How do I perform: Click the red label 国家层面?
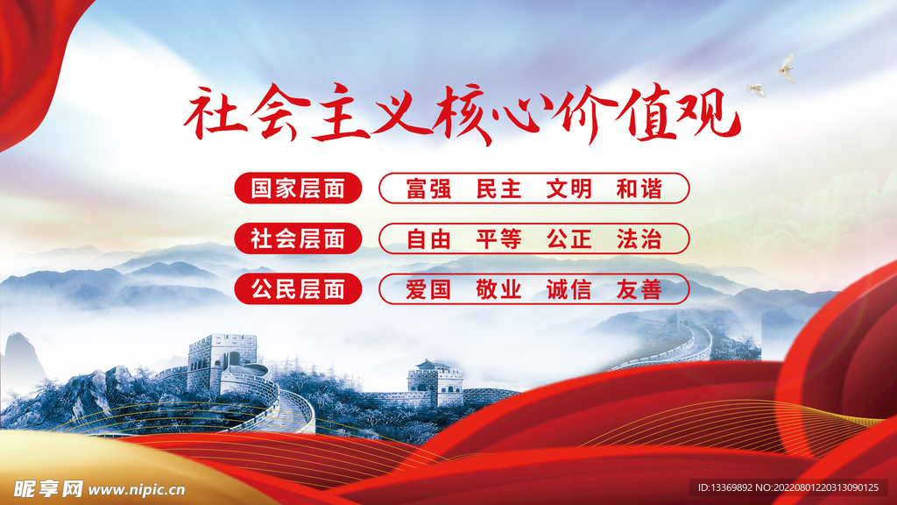coord(298,188)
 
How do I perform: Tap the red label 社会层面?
coord(298,238)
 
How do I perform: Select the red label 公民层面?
coord(298,289)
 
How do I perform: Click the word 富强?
coord(428,189)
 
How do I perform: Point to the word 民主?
coord(498,189)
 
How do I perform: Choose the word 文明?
coord(569,189)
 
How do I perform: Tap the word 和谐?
coord(639,189)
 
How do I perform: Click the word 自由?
coord(428,239)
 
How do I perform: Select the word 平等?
coord(498,239)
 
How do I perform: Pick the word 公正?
coord(569,239)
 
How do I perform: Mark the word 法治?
coord(639,239)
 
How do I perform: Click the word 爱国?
coord(428,289)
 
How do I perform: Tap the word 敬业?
coord(498,289)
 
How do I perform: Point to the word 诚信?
coord(569,289)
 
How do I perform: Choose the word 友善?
coord(639,289)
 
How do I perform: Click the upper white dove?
coord(786,68)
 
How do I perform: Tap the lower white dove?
coord(756,90)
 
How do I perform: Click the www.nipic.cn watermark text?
coord(137,490)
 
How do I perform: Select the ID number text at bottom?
coord(788,487)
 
